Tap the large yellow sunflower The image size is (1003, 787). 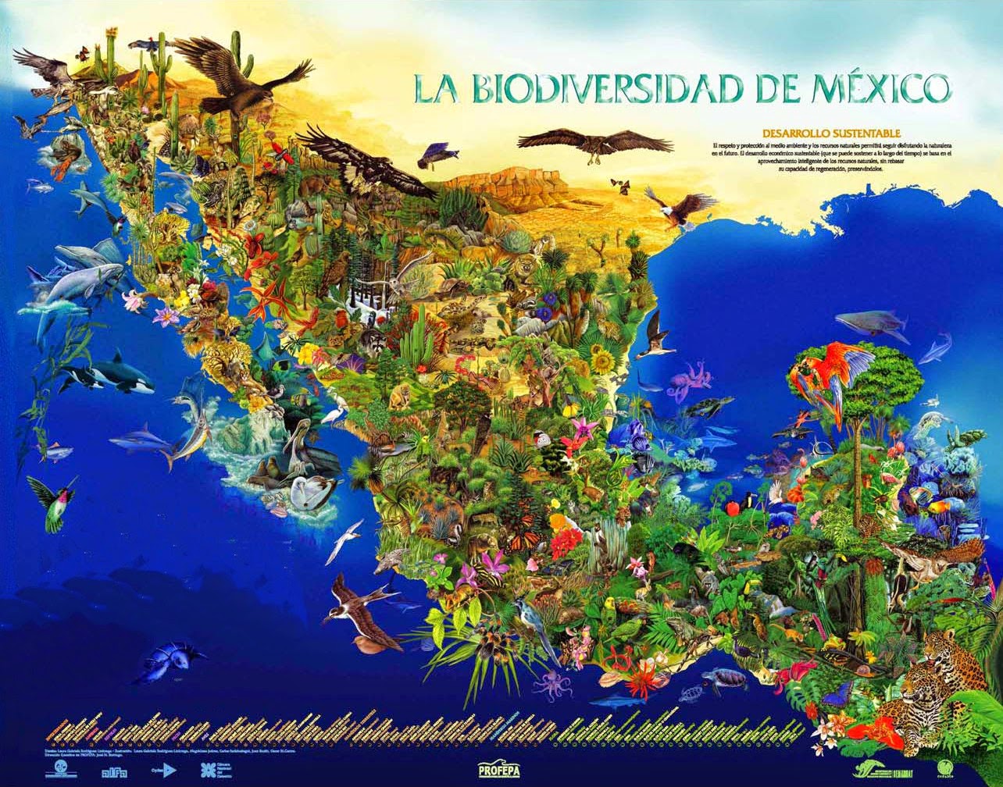pyautogui.click(x=601, y=361)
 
